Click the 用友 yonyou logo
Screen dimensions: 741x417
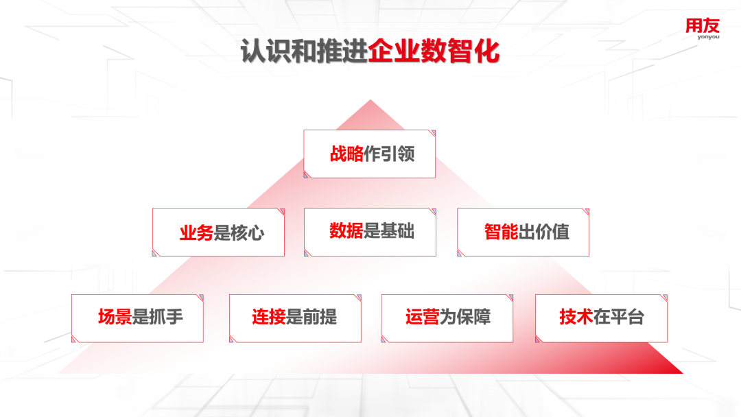point(703,29)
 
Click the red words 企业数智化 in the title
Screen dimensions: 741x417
point(434,51)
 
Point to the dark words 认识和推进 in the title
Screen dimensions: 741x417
point(304,51)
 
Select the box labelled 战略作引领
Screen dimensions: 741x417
point(370,154)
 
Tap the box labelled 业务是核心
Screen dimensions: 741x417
point(218,233)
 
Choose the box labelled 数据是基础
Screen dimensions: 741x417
point(370,233)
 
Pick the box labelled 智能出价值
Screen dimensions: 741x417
point(523,233)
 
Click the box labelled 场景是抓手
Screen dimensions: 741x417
point(137,318)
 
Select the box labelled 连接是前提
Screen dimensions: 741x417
point(295,318)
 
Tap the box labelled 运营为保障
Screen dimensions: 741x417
point(447,318)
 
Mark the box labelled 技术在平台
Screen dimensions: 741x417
point(601,318)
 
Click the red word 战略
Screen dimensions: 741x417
point(346,154)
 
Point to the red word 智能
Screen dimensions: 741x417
point(501,232)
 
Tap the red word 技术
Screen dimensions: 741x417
point(576,317)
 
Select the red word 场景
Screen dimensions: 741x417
point(115,317)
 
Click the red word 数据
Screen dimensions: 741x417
point(346,231)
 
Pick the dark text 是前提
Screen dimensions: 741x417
point(311,317)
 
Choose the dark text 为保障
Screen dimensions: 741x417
point(465,317)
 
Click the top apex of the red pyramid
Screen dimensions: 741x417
point(370,100)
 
